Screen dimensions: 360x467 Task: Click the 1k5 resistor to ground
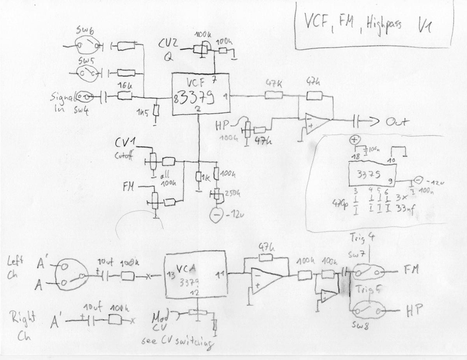click(x=156, y=112)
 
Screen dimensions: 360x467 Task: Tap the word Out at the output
click(x=397, y=122)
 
